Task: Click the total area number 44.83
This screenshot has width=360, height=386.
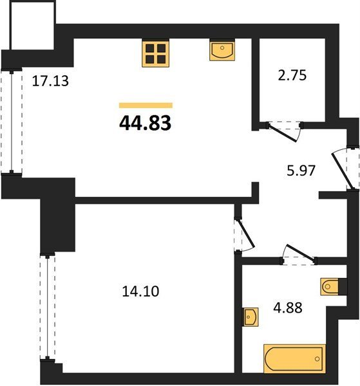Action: coord(145,123)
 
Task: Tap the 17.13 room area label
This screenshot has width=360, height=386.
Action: coord(50,81)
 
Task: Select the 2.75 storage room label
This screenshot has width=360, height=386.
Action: coord(292,75)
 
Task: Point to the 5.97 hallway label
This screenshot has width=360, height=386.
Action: coord(301,170)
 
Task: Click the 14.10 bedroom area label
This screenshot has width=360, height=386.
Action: coord(140,291)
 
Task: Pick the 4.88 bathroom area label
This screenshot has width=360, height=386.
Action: coord(288,308)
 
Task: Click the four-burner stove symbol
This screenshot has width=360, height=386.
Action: coord(155,53)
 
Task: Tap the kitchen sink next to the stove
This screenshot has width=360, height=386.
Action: coord(222,50)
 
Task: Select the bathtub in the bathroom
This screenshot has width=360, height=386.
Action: coord(294,358)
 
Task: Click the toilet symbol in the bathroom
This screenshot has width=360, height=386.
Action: coord(330,286)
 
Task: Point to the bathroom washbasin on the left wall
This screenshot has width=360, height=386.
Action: coord(251,317)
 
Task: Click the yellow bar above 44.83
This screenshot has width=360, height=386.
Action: coord(146,106)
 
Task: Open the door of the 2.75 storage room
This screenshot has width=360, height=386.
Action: coord(283,132)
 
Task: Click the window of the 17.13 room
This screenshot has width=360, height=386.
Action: coord(12,122)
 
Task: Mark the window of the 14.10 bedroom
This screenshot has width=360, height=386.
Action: coord(48,307)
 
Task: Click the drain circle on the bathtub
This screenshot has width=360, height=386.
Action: coord(317,359)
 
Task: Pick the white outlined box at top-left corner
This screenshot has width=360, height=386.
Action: coord(32,24)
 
